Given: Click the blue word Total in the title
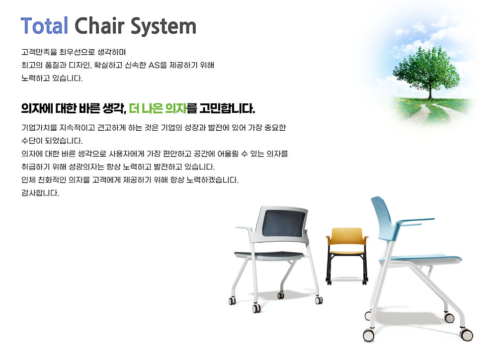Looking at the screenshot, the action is click(x=44, y=25).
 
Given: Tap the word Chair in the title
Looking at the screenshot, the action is click(x=100, y=25).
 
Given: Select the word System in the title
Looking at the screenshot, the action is click(x=164, y=27).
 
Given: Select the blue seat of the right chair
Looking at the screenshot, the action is click(x=421, y=258).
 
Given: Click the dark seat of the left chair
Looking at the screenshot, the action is click(x=269, y=255).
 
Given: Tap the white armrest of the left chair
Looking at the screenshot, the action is click(x=244, y=228).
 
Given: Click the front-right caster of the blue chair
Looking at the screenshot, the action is click(x=466, y=335).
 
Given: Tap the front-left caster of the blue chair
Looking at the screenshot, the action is click(x=369, y=335).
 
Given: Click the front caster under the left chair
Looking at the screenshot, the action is click(x=256, y=308).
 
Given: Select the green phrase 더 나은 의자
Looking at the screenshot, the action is click(x=158, y=108).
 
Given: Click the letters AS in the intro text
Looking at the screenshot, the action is click(x=154, y=65).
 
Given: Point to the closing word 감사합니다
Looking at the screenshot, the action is click(x=40, y=193).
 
